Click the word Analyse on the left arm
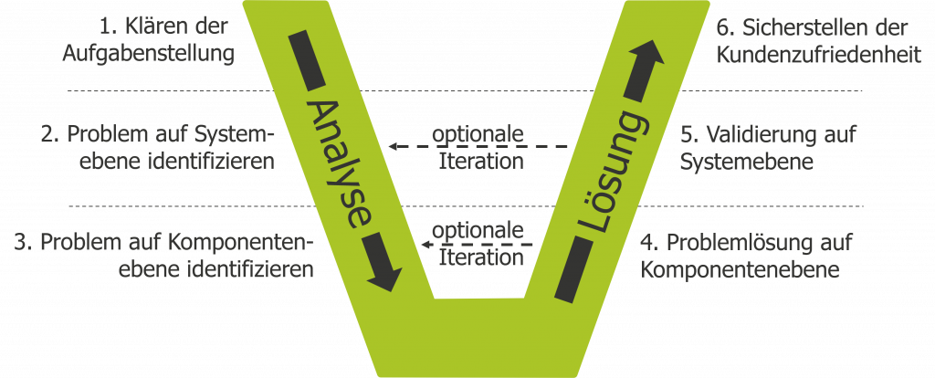pyautogui.click(x=338, y=163)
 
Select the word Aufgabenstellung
pyautogui.click(x=148, y=53)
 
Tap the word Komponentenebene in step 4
pyautogui.click(x=740, y=271)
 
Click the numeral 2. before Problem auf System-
pyautogui.click(x=51, y=135)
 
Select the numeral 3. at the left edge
pyautogui.click(x=25, y=243)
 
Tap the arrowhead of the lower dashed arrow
pyautogui.click(x=425, y=245)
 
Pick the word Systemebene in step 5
pyautogui.click(x=747, y=163)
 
